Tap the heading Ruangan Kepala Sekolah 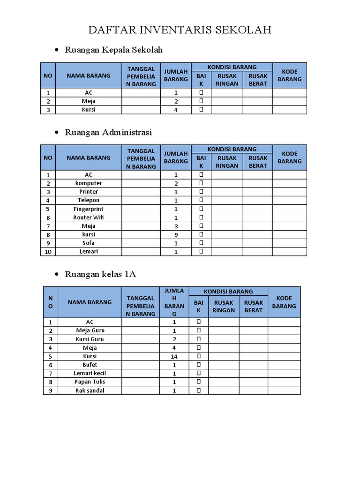click(x=114, y=50)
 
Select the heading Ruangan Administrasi click(x=109, y=132)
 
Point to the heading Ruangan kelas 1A click(x=101, y=274)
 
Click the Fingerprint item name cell click(x=89, y=209)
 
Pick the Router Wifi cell click(x=89, y=217)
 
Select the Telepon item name click(x=89, y=200)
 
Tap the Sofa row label click(x=89, y=243)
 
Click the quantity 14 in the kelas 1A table click(x=174, y=356)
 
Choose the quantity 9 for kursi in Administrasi click(x=176, y=234)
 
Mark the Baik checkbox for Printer click(x=201, y=192)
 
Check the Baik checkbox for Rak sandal click(x=198, y=390)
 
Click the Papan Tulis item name click(x=90, y=382)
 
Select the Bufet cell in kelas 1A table click(x=90, y=365)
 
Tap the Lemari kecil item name click(x=90, y=373)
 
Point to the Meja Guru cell click(x=90, y=330)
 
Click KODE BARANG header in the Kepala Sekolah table click(x=290, y=75)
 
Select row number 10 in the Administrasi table click(x=48, y=252)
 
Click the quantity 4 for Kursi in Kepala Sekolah click(x=176, y=110)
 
